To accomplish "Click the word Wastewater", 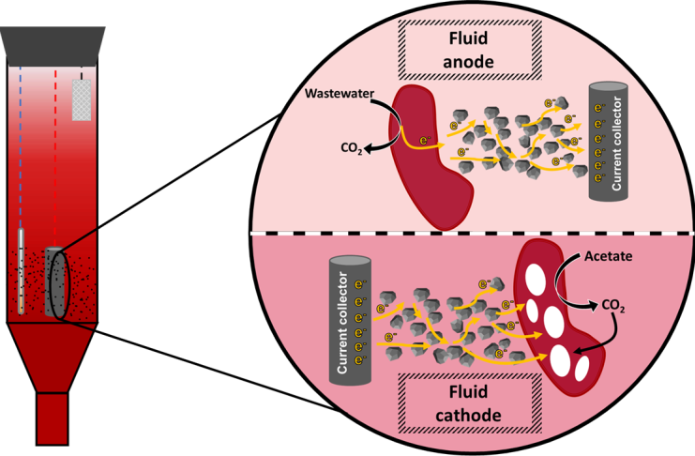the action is pyautogui.click(x=340, y=94).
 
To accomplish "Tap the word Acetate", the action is pyautogui.click(x=608, y=256).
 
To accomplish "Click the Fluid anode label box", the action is pyautogui.click(x=469, y=50).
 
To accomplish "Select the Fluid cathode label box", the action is pyautogui.click(x=469, y=403).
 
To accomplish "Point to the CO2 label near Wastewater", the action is pyautogui.click(x=352, y=148).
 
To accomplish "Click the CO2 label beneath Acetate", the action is pyautogui.click(x=613, y=306).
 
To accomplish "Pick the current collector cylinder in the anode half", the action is pyautogui.click(x=608, y=142).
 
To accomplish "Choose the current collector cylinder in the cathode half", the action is pyautogui.click(x=350, y=320).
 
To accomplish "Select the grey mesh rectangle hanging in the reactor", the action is pyautogui.click(x=82, y=99).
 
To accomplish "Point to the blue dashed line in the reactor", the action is pyautogui.click(x=21, y=146).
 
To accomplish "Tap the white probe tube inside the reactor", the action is pyautogui.click(x=21, y=271).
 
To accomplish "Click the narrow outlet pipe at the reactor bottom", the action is pyautogui.click(x=53, y=418).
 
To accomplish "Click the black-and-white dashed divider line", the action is pyautogui.click(x=472, y=234).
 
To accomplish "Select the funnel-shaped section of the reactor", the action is pyautogui.click(x=53, y=357).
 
